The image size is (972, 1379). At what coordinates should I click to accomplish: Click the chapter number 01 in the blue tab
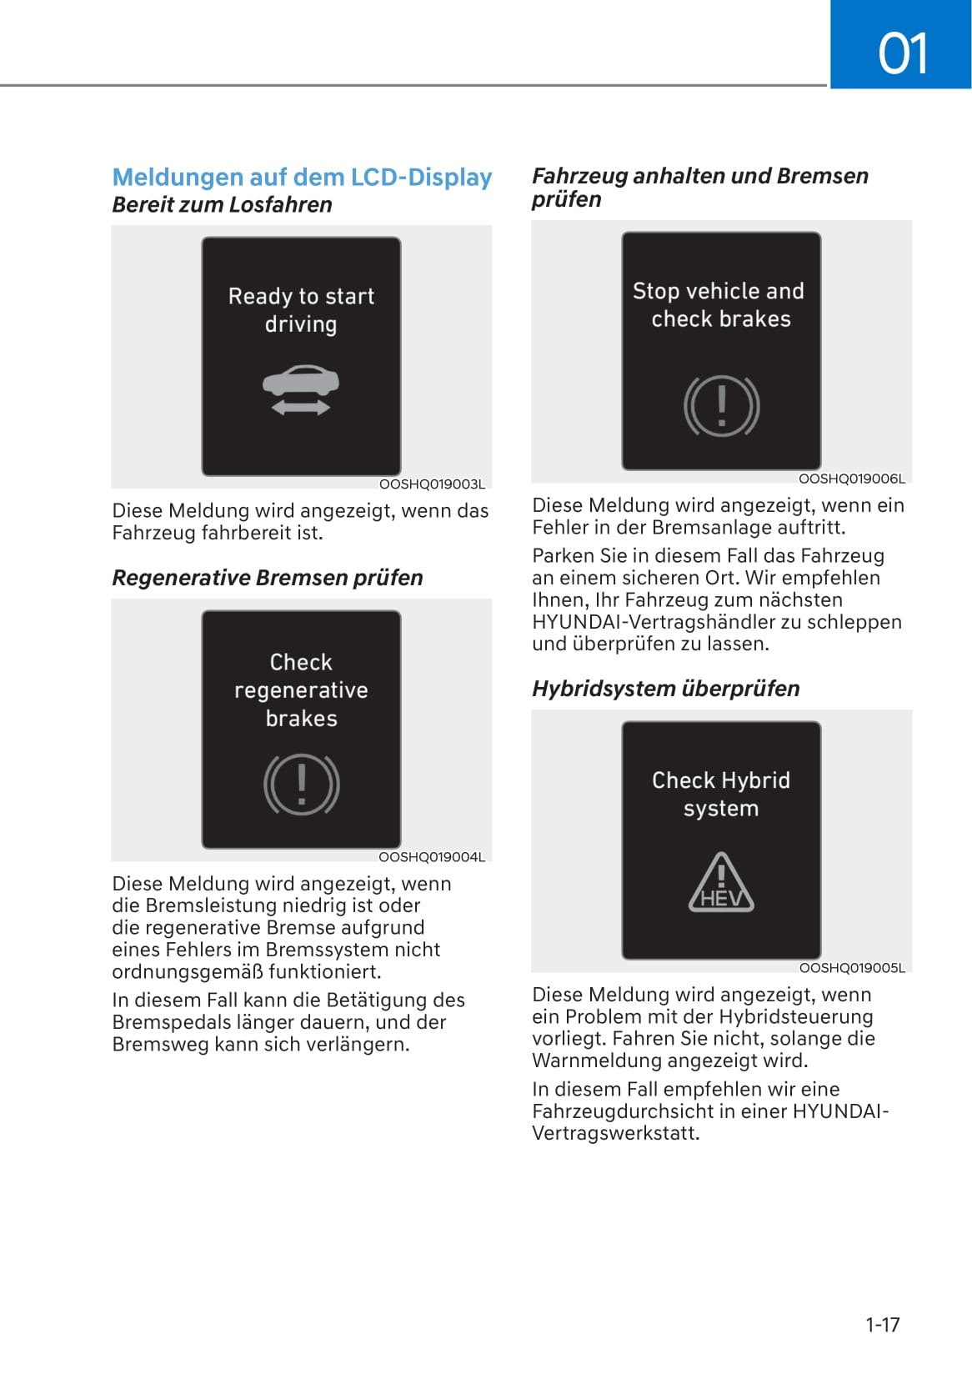pos(902,53)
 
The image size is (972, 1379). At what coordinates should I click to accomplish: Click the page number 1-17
pos(882,1325)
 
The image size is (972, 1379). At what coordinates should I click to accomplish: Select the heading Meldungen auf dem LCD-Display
pos(302,177)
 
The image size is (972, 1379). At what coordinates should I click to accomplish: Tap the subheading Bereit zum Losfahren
pos(222,205)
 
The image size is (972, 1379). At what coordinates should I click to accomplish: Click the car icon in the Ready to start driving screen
pos(301,381)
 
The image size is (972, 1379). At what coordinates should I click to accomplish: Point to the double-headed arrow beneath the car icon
pos(301,407)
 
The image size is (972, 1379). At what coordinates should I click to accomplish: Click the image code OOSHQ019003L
pos(432,484)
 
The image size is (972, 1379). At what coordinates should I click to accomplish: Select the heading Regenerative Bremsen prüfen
pos(267,578)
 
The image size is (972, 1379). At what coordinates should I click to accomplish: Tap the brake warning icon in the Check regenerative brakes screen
pos(301,785)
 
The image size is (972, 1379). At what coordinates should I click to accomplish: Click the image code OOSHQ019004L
pos(432,857)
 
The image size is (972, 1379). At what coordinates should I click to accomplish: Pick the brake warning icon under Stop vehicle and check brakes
pos(721,407)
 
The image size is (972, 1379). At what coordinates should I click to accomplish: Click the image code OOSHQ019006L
pos(851,479)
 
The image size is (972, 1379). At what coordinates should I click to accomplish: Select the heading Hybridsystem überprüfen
pos(665,689)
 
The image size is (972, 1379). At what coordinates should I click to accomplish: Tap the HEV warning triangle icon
pos(721,883)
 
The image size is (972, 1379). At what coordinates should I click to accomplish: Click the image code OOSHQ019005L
pos(852,968)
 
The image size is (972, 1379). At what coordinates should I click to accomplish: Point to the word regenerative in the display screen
pos(301,690)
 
